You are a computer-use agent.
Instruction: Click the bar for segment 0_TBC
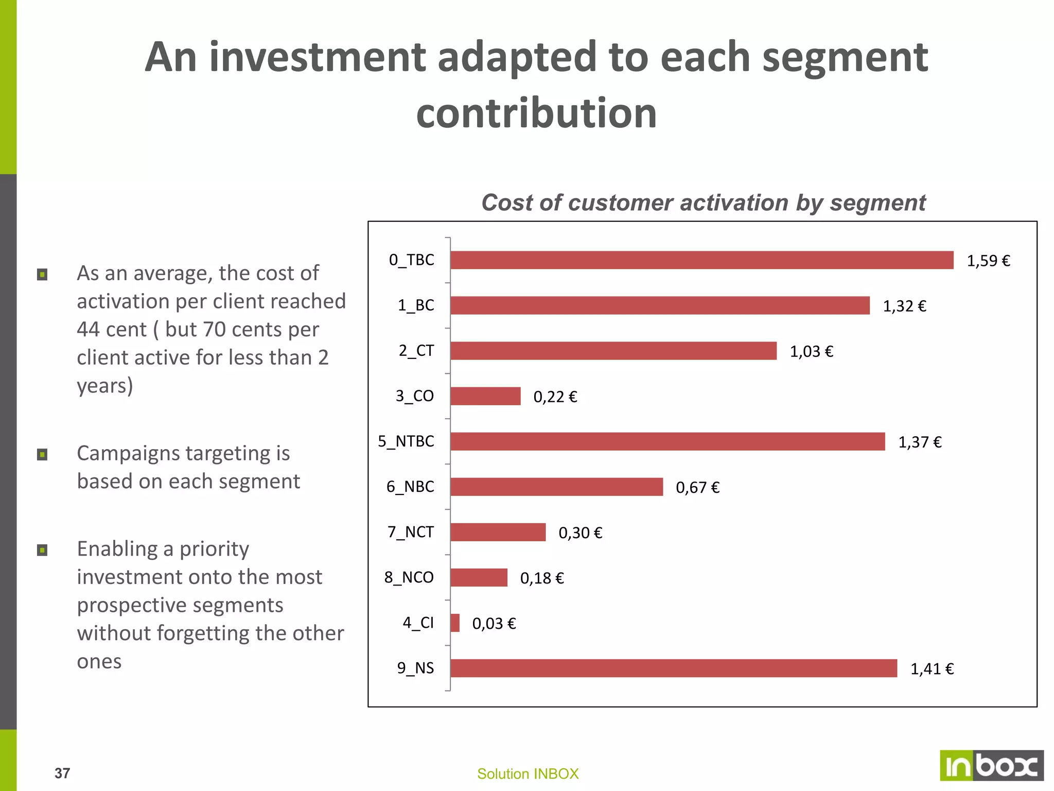click(x=701, y=260)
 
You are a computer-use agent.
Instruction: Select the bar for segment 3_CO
click(x=485, y=396)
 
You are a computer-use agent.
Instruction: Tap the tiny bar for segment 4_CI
click(x=455, y=623)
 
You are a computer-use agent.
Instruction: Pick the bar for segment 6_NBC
click(x=556, y=487)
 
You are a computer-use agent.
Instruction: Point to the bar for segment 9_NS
click(x=673, y=668)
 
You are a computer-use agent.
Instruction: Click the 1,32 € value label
click(x=904, y=306)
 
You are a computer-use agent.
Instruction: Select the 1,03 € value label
click(x=811, y=352)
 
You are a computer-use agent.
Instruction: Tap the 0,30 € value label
click(x=580, y=533)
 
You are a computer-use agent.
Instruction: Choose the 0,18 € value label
click(x=542, y=578)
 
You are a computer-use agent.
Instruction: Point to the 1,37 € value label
click(x=920, y=442)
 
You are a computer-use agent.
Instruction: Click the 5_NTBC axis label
click(x=406, y=441)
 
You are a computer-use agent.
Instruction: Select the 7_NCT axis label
click(x=411, y=532)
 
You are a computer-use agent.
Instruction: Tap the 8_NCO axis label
click(x=409, y=577)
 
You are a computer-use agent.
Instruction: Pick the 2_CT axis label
click(x=416, y=351)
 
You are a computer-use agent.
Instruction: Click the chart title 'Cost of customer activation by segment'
click(x=703, y=203)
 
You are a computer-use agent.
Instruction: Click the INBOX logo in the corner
click(x=991, y=766)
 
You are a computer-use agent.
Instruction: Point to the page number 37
click(x=62, y=773)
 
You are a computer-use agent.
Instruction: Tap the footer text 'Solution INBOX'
click(x=528, y=774)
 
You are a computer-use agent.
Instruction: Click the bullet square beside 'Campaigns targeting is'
click(x=42, y=455)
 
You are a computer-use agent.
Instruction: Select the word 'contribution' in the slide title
click(x=536, y=113)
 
